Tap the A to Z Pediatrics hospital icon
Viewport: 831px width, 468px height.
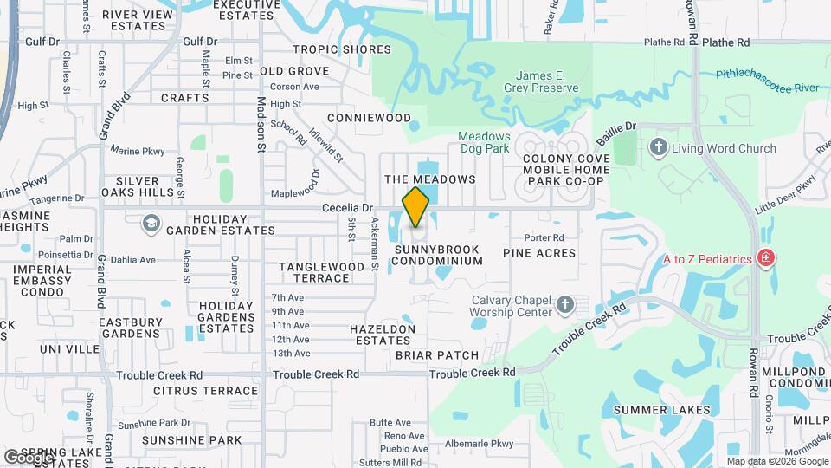pyautogui.click(x=765, y=258)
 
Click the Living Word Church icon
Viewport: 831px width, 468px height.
pyautogui.click(x=658, y=148)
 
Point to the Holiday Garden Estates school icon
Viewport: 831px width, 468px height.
pyautogui.click(x=151, y=224)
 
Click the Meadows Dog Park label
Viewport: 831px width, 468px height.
pyautogui.click(x=485, y=144)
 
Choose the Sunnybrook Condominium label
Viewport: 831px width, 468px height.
pyautogui.click(x=437, y=255)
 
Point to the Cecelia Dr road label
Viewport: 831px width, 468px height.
pyautogui.click(x=347, y=208)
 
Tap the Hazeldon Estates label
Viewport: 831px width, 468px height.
pyautogui.click(x=382, y=335)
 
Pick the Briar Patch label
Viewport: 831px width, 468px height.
pyautogui.click(x=437, y=355)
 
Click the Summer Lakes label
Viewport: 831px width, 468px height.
pyautogui.click(x=662, y=409)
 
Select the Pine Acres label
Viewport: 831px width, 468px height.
pyautogui.click(x=539, y=253)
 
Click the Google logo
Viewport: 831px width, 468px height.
pyautogui.click(x=29, y=456)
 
